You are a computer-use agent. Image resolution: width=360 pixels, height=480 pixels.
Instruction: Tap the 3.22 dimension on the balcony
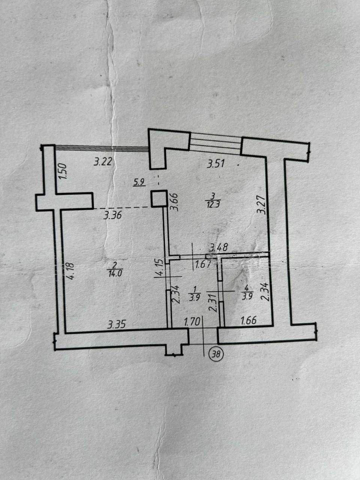click(x=103, y=162)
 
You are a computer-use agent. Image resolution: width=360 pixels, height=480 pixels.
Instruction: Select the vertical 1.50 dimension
click(x=63, y=171)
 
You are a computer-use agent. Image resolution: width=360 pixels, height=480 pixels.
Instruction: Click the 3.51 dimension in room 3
click(x=216, y=164)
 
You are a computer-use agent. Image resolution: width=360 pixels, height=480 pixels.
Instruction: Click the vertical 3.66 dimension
click(x=174, y=202)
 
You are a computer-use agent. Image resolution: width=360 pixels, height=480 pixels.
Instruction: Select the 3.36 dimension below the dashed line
click(x=112, y=216)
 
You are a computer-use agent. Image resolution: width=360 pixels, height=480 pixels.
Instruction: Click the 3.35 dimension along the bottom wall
click(x=117, y=324)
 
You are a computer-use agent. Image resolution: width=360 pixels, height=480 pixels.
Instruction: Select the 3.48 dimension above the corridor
click(x=218, y=247)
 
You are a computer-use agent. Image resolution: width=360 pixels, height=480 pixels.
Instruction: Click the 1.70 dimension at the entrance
click(x=192, y=322)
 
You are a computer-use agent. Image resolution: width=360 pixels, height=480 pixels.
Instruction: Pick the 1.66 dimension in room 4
click(x=249, y=321)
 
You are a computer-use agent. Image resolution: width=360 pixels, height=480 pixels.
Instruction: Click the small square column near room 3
click(x=159, y=198)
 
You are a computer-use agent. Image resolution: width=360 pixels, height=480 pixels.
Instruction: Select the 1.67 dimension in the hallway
click(x=202, y=265)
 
